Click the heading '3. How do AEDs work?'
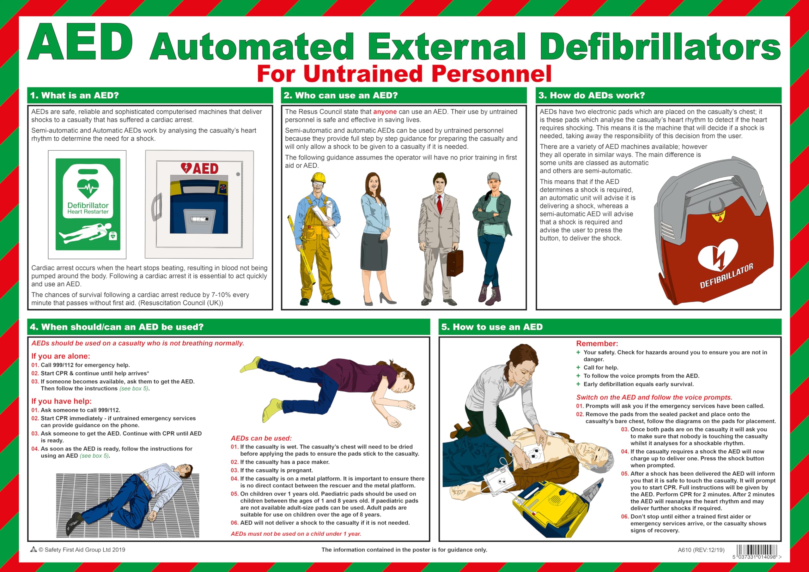tap(591, 95)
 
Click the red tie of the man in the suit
tap(439, 205)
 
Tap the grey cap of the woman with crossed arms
tap(494, 177)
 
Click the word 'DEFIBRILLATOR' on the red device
tap(726, 276)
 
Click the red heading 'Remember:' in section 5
tap(597, 344)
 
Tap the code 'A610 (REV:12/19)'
tap(701, 550)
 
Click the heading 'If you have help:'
tap(62, 401)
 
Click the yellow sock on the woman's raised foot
tap(251, 365)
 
